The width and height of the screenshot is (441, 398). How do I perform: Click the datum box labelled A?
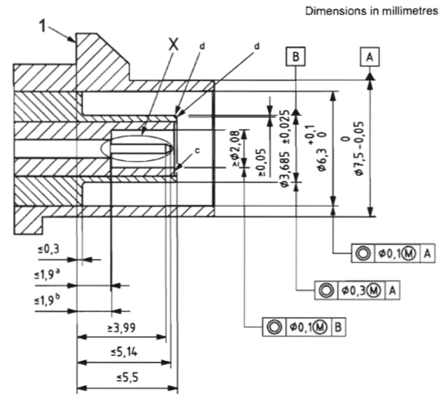click(x=370, y=57)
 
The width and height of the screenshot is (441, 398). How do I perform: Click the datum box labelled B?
click(x=295, y=57)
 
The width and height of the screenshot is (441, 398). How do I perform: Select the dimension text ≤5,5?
click(x=127, y=377)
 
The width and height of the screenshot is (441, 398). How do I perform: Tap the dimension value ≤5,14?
click(x=124, y=352)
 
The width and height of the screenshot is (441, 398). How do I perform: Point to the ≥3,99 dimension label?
click(x=122, y=327)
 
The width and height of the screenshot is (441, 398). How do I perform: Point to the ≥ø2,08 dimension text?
click(x=236, y=149)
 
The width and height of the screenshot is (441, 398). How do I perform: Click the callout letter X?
click(x=174, y=45)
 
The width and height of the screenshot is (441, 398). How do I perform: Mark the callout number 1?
click(x=42, y=26)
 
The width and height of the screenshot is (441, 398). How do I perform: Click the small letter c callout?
click(x=197, y=151)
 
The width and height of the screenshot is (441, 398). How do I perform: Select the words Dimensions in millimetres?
click(x=372, y=11)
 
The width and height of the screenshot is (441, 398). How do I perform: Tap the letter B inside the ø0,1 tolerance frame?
click(x=338, y=327)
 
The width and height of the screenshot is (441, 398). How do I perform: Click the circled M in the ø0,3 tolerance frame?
click(x=374, y=290)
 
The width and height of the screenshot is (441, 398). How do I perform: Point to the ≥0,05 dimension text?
click(x=263, y=162)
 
